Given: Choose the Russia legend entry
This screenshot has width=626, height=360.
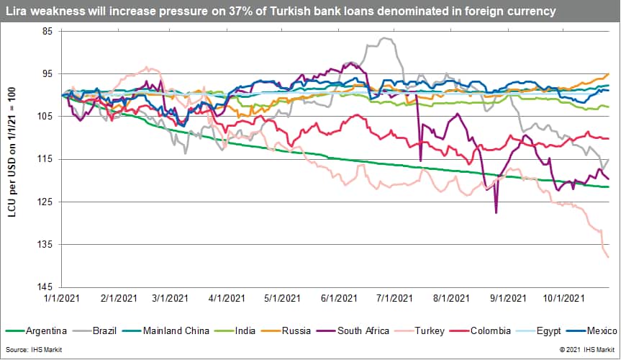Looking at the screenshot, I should (296, 331).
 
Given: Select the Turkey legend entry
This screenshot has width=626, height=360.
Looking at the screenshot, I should (430, 331).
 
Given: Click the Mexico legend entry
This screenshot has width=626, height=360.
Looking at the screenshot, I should (601, 331).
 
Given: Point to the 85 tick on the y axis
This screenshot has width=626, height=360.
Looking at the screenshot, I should (47, 32).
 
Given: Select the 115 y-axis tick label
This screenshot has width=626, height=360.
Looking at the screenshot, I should (46, 159).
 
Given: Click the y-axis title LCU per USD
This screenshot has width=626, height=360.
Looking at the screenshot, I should (12, 159).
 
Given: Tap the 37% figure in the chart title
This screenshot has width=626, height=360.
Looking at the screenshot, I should (248, 11).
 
